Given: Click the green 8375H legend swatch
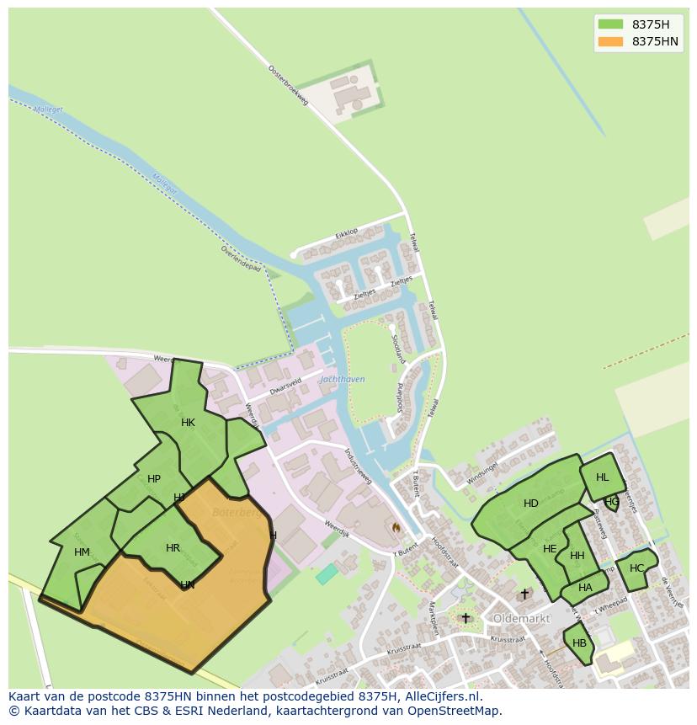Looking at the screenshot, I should point(610,24).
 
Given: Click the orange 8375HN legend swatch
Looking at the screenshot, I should point(610,41).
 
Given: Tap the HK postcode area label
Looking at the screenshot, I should point(188,423).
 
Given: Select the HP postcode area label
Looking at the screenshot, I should point(153,479).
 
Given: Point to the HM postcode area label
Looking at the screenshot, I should point(82,552).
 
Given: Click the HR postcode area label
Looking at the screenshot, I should point(173,548).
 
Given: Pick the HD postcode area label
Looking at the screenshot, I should point(530,504).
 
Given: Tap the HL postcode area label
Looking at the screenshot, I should point(602,477).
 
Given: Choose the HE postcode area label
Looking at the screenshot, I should point(550,549).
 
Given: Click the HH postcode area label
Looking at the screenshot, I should point(577,556).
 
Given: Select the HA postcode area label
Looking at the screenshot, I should point(585,588).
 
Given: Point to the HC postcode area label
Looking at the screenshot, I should point(636,568).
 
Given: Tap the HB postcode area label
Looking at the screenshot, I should point(579,643).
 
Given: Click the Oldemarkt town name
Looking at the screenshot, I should point(521,618).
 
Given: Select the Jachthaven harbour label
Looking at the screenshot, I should point(342,379).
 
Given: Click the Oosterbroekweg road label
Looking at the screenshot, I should point(289,85).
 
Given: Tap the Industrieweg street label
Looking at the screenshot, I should point(358,464).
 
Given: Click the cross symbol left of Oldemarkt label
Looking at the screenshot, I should point(466,618).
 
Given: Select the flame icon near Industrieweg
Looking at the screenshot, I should point(396,527).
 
